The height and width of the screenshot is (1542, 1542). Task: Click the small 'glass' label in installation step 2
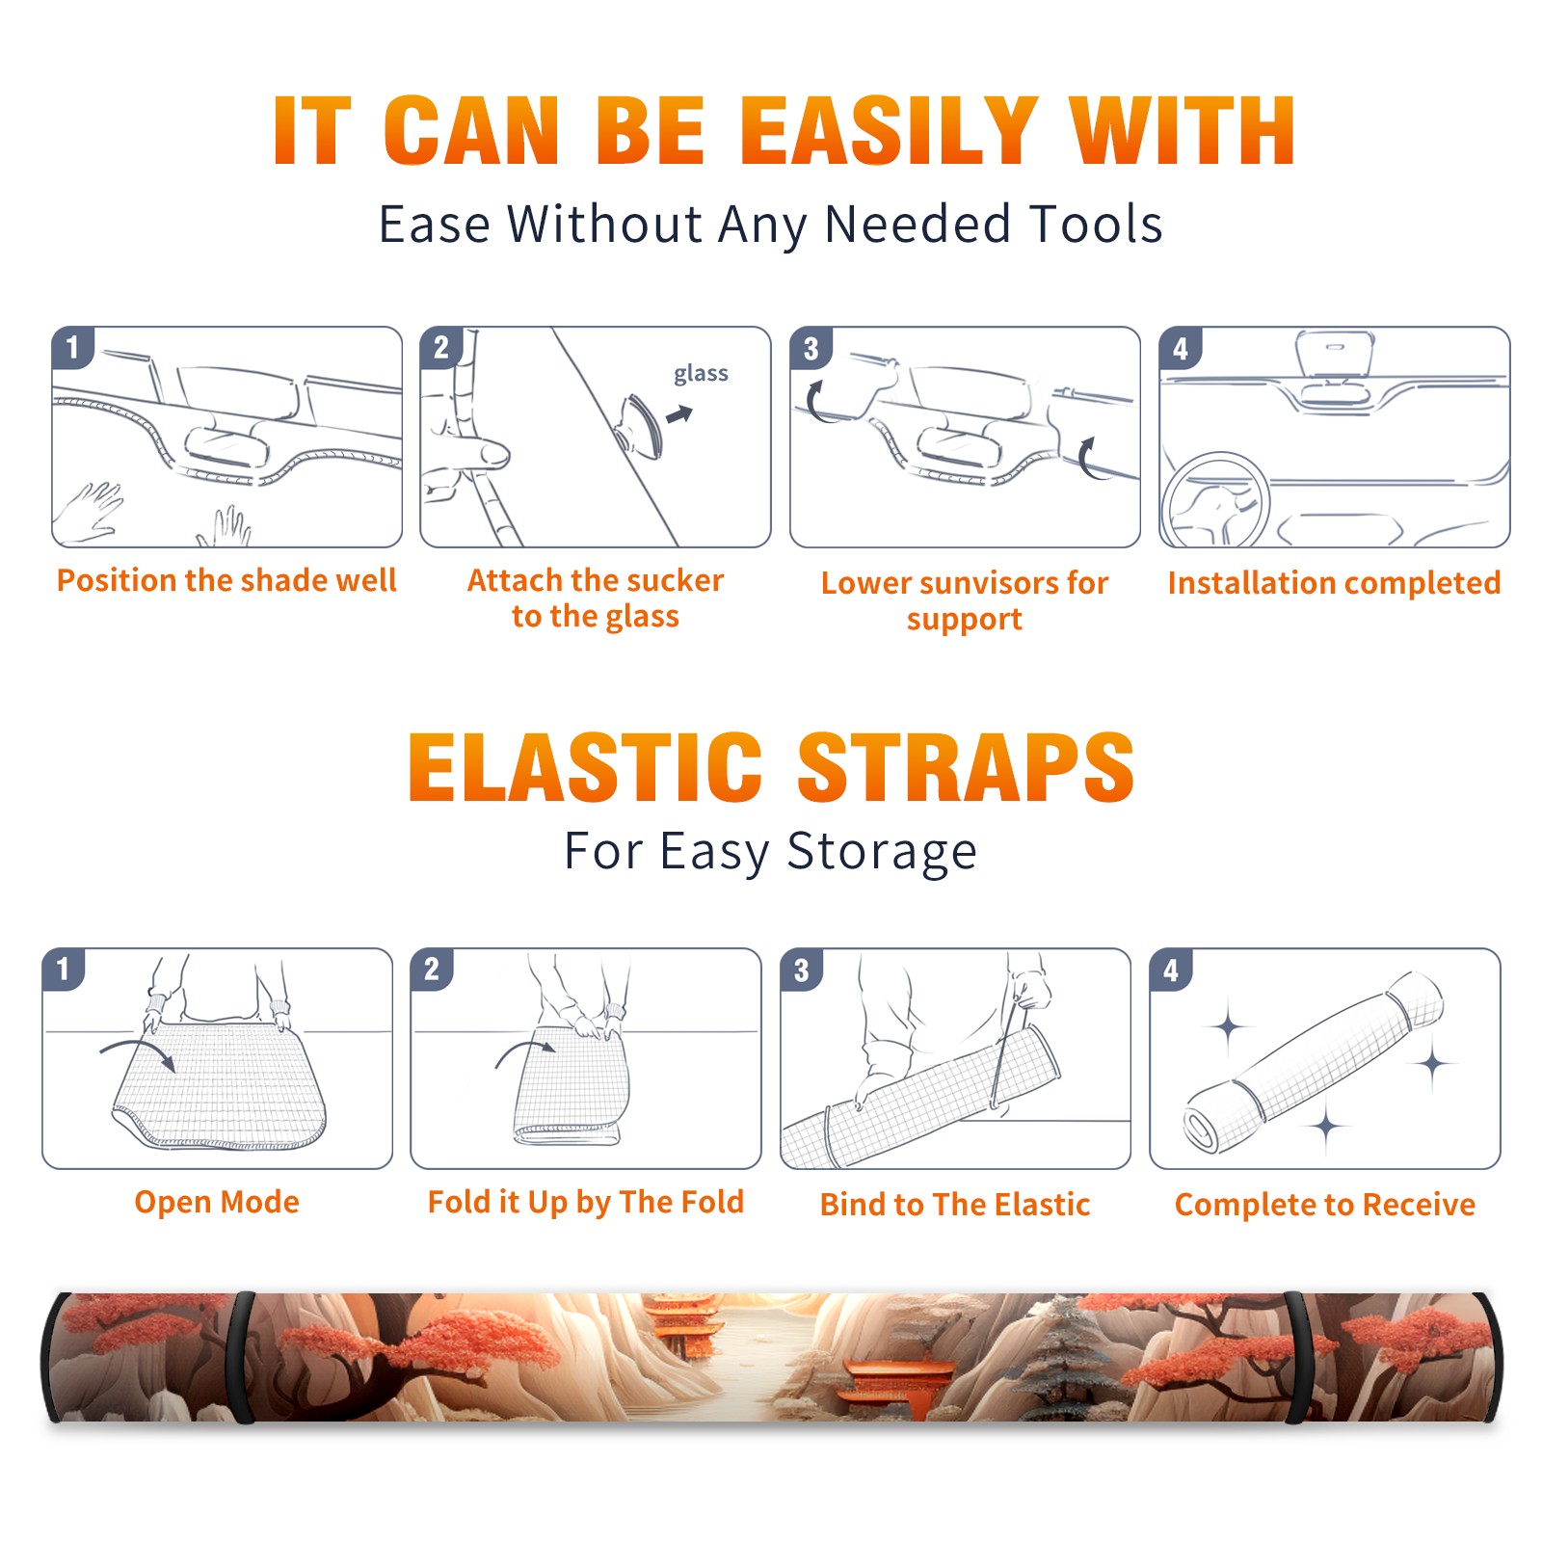701,374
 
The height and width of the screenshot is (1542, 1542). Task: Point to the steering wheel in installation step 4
1214,501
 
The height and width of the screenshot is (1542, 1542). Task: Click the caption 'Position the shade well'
226,580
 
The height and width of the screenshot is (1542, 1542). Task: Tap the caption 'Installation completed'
1334,583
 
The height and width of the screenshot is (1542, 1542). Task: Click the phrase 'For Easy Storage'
770,851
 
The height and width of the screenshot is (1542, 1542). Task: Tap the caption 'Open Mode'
217,1202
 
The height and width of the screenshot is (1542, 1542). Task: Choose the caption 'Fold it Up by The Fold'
586,1202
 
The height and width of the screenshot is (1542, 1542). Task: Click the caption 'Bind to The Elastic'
955,1205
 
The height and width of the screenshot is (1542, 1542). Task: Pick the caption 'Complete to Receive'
1325,1205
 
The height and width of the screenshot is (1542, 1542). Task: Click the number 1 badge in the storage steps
64,969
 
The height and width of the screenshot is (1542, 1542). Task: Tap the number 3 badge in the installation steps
811,348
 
